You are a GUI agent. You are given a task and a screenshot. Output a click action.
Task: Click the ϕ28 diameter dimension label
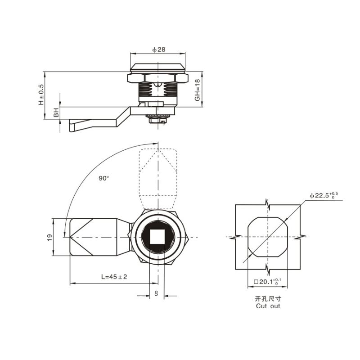[x=159, y=49]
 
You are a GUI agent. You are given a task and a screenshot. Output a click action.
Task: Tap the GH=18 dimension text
[x=197, y=90]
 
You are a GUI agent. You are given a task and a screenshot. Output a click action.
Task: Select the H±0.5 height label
[x=41, y=94]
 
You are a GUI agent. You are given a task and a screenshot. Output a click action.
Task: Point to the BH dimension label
[x=56, y=112]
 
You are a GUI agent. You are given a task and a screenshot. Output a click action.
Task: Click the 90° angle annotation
[x=104, y=178]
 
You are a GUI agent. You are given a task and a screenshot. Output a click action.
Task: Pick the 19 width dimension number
[x=49, y=237]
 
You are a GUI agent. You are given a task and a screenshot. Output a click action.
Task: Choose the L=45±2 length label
[x=114, y=277]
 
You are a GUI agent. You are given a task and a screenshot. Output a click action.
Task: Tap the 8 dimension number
[x=156, y=293]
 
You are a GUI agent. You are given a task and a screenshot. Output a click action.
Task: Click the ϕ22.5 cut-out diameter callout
[x=324, y=195]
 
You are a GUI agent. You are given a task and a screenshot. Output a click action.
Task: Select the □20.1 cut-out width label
[x=267, y=282]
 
